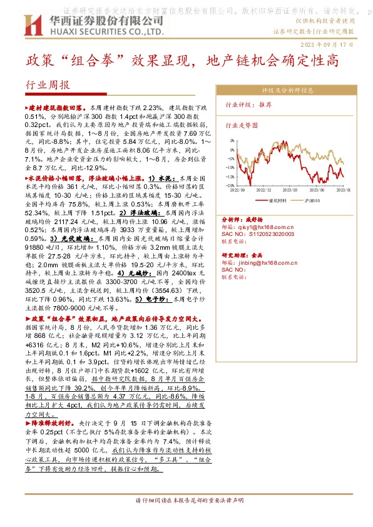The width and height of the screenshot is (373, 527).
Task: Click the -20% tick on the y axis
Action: point(230,185)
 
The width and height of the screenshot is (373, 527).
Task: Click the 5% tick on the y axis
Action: point(232,141)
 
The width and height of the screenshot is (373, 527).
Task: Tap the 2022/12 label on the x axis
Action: point(263,190)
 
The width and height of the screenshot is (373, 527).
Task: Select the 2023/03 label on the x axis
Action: point(291,190)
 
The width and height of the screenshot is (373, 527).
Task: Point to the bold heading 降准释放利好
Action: point(53,423)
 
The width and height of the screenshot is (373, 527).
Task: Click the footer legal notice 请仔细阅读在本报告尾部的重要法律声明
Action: point(186,501)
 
